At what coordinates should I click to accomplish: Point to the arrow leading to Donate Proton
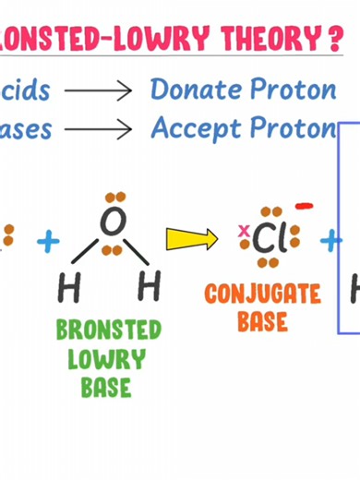point(99,91)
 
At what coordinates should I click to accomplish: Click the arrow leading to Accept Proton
point(99,129)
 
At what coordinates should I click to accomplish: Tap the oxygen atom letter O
point(112,222)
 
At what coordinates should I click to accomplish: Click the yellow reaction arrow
point(191,238)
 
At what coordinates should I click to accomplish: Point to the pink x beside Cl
point(244,231)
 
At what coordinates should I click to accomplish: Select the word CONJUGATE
point(263,295)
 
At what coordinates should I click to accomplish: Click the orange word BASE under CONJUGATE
point(263,321)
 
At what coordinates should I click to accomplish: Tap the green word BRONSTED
point(108,330)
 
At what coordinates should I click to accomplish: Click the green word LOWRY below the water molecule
point(106,358)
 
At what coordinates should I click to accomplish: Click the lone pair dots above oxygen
point(114,198)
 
